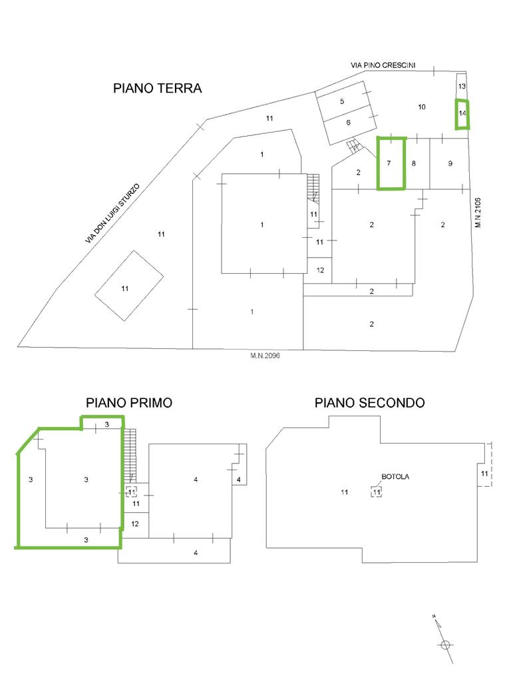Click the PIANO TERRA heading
coord(157,89)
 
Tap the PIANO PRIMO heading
coord(129,403)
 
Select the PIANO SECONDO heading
coord(369,403)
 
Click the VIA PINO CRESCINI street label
coord(383,65)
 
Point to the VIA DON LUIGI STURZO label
coord(112,214)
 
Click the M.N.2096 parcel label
coord(265,356)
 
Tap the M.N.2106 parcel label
coord(478,212)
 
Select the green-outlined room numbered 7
coord(391,164)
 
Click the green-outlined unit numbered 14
coord(462,114)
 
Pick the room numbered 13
coord(462,86)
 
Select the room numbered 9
coord(450,164)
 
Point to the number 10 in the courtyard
coord(421,107)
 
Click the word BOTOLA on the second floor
coord(395,477)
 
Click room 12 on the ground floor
coord(320,270)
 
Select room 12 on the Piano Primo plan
coord(135,524)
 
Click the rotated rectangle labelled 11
coord(129,286)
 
